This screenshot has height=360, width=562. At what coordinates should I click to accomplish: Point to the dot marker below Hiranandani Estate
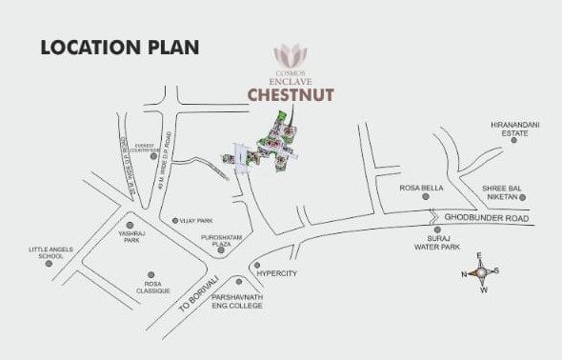point(513,141)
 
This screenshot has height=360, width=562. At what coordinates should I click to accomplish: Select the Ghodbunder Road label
point(485,218)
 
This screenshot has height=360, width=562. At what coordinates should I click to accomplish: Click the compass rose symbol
point(482,273)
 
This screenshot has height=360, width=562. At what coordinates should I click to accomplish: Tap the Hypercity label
point(279,273)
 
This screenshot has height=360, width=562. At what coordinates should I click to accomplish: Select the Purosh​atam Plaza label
point(216,241)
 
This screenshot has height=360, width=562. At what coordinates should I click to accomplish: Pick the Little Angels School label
point(46,252)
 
